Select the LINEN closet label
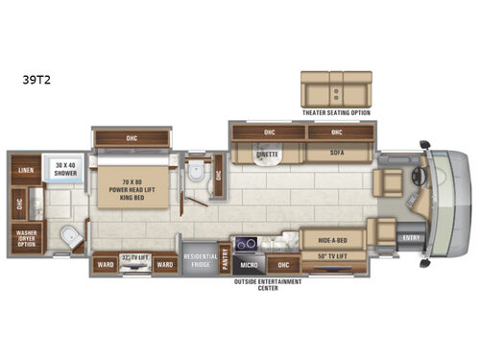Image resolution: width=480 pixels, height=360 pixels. click(x=24, y=170)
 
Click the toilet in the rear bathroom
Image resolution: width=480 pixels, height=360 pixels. click(x=66, y=239)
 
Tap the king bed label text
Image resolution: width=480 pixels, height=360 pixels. click(x=132, y=190)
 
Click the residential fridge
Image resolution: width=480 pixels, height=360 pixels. click(x=200, y=258)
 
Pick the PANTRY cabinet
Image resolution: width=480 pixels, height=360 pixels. click(x=225, y=257)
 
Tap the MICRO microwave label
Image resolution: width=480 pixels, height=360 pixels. click(x=247, y=263)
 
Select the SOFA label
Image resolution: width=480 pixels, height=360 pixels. click(x=337, y=153)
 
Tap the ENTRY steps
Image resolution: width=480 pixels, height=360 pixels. click(x=411, y=238)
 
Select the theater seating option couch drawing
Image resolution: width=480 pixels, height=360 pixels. click(x=334, y=89)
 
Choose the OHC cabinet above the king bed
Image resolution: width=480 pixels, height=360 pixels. click(x=132, y=137)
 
